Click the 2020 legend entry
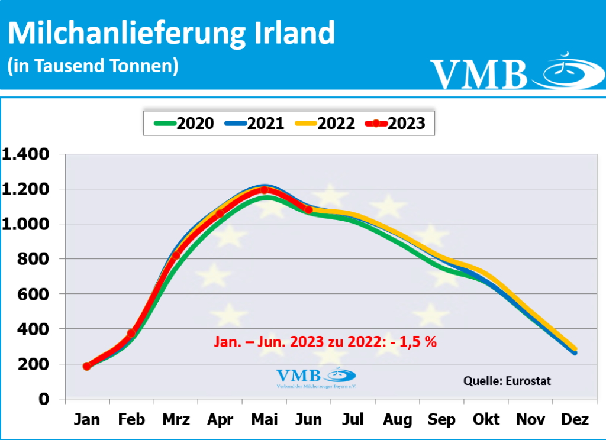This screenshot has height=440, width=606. click(184, 123)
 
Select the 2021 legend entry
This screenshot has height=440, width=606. click(254, 123)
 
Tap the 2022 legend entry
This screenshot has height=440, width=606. click(325, 123)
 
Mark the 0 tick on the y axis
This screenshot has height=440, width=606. click(43, 399)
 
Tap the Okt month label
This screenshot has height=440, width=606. click(486, 420)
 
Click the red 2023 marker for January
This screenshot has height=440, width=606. click(87, 366)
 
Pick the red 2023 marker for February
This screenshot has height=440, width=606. click(131, 334)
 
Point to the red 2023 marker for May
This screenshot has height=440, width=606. click(264, 190)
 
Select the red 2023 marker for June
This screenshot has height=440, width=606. click(308, 210)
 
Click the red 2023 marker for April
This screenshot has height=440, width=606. click(220, 213)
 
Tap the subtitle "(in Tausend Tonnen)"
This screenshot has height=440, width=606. click(93, 66)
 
